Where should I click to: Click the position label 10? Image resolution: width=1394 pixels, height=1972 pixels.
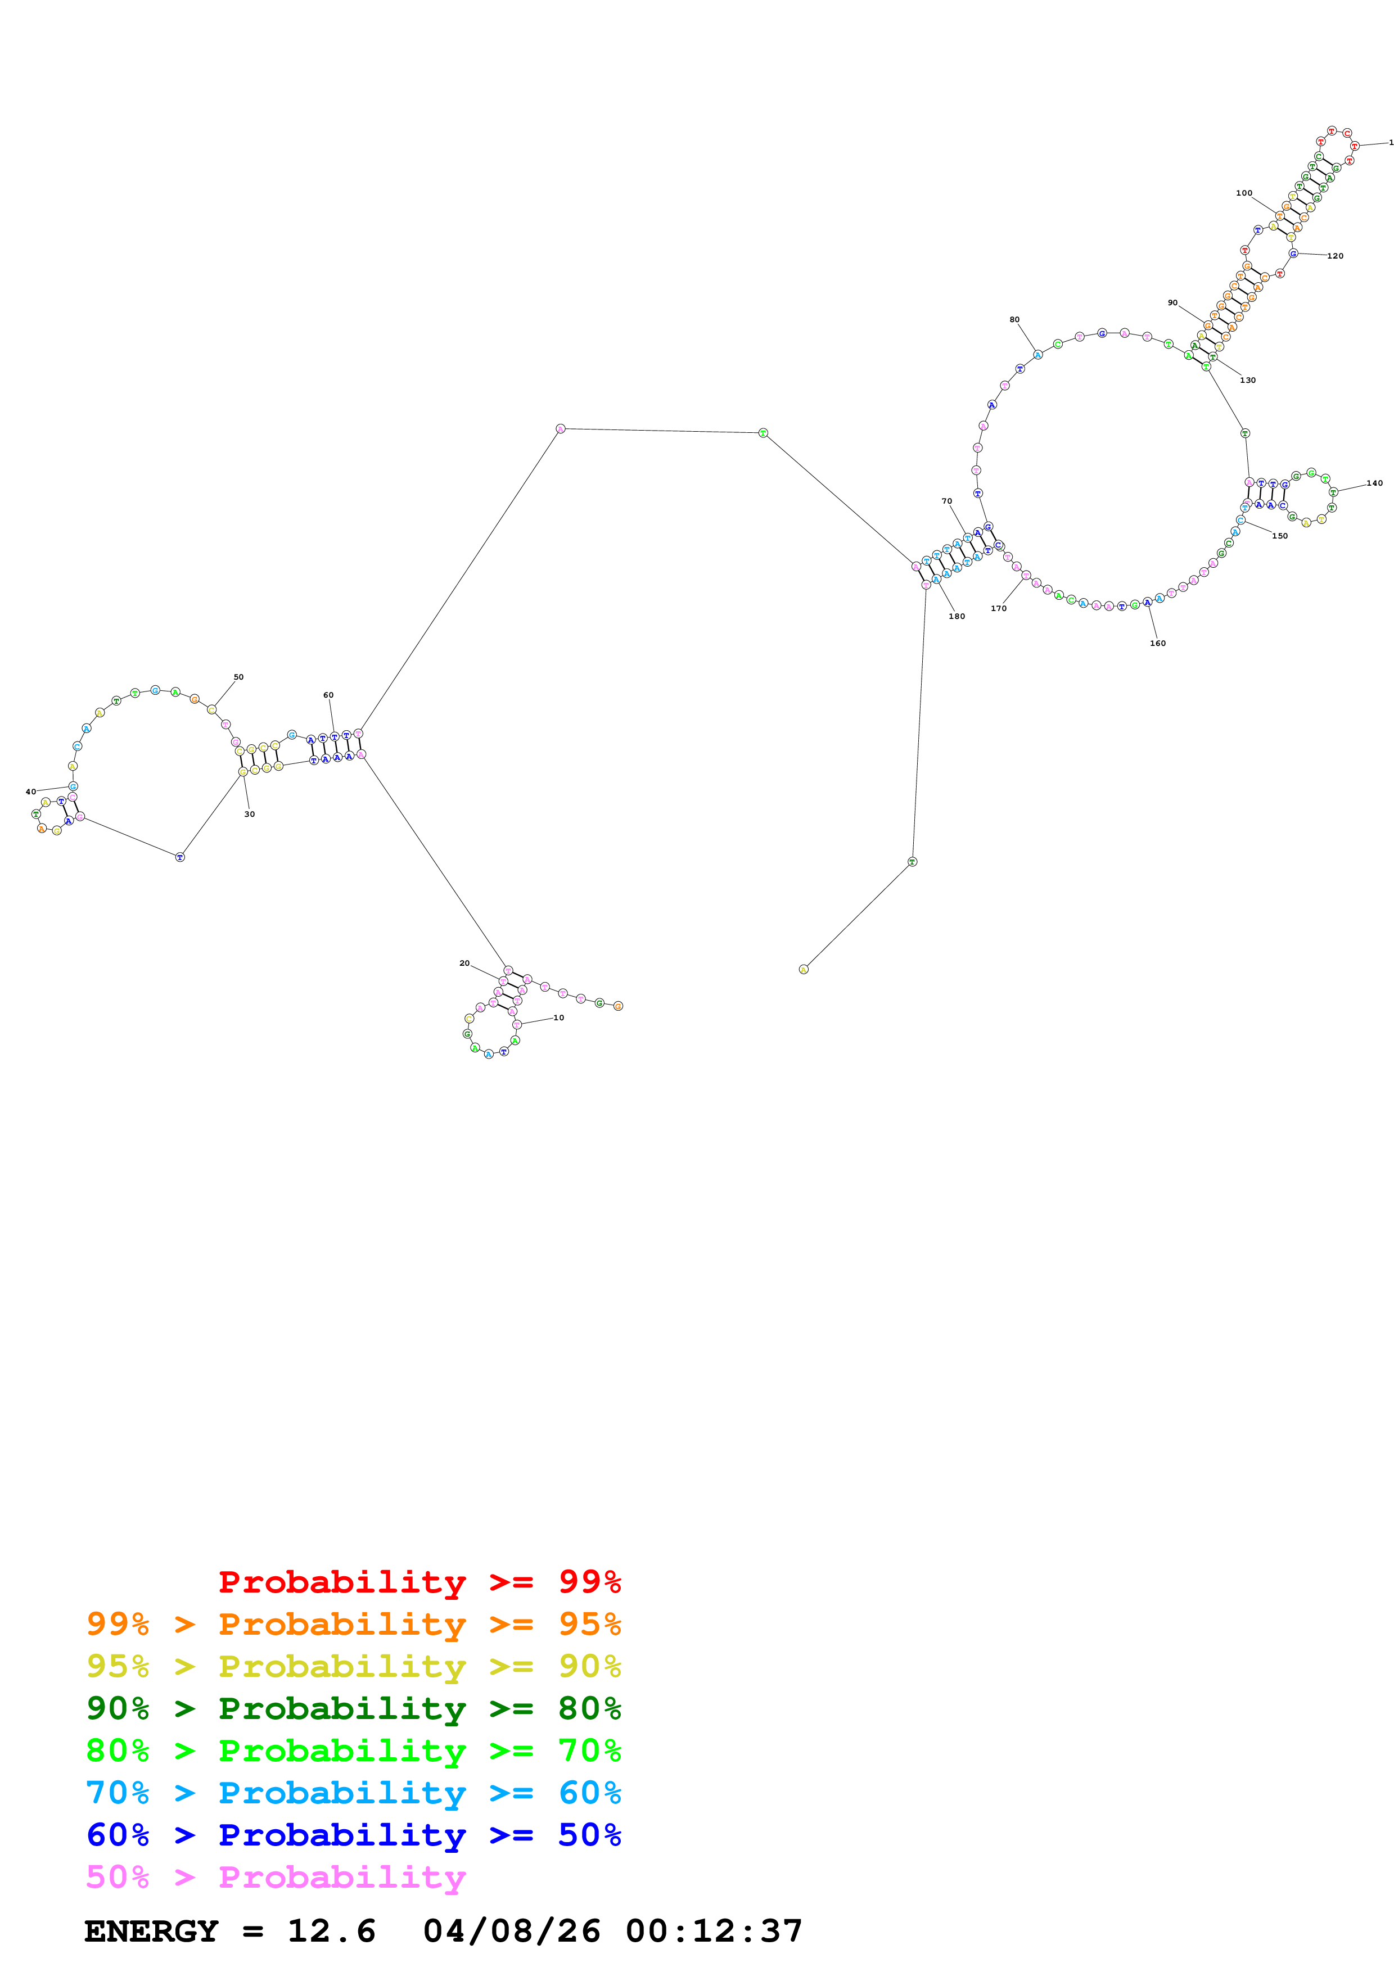[x=558, y=1018]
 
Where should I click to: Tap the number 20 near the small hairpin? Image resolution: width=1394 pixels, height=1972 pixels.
[x=464, y=963]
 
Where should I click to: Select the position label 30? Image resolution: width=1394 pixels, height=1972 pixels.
[x=249, y=814]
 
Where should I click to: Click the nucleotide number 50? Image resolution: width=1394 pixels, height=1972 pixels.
[x=239, y=677]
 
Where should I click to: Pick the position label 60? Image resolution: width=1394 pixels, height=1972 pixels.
[x=328, y=695]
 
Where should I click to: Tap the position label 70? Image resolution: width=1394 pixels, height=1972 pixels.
[x=946, y=501]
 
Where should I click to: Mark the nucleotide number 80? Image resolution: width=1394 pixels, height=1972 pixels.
[x=1014, y=319]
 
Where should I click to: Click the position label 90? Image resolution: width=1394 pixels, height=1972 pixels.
[x=1172, y=302]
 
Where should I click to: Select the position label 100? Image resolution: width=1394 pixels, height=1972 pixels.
[x=1244, y=193]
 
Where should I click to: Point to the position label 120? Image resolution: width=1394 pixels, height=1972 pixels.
[x=1335, y=256]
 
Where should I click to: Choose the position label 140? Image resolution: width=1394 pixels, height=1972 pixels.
[x=1374, y=483]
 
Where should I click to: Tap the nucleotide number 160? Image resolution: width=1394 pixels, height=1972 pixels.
[x=1158, y=643]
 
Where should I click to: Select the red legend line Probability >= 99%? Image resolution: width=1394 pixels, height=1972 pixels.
[x=419, y=1581]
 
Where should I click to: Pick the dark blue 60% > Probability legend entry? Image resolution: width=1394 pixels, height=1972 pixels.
[x=353, y=1835]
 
